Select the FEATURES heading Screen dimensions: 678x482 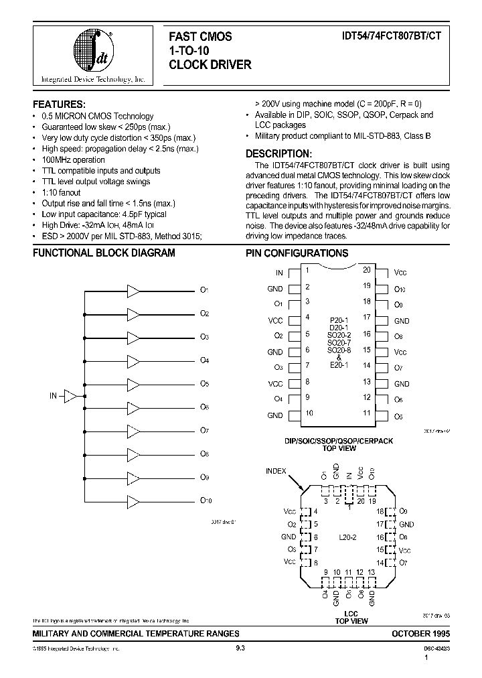[x=59, y=105]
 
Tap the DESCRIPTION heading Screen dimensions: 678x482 [x=278, y=153]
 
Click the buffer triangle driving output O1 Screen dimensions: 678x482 [x=134, y=290]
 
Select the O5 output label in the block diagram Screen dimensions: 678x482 [x=205, y=384]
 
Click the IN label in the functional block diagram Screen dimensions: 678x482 [x=54, y=396]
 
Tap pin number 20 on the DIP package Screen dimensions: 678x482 [x=367, y=269]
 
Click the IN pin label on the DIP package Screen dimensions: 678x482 [x=279, y=273]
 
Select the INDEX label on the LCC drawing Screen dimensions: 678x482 [x=275, y=471]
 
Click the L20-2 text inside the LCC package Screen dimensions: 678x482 [x=347, y=537]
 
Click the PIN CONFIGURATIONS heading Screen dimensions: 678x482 [x=297, y=253]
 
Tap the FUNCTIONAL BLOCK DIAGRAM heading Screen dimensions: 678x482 [x=104, y=253]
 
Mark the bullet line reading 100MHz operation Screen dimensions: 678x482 [x=74, y=160]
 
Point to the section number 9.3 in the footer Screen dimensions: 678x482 [x=241, y=649]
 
